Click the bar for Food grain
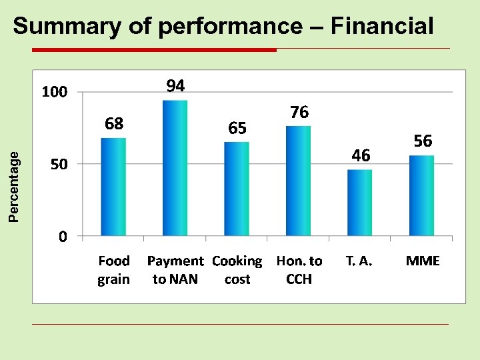point(113,187)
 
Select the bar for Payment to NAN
point(175,168)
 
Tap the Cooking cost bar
point(237,189)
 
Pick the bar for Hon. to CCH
point(298,181)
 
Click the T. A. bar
point(360,203)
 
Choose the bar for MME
point(421,195)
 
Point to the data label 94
point(175,86)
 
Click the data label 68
point(114,123)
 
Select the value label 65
point(237,128)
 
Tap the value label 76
point(299,113)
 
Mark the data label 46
point(361,156)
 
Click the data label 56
point(423,141)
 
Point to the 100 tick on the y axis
point(55,92)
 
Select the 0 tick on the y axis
point(62,237)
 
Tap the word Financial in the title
point(382,27)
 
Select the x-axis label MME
point(423,261)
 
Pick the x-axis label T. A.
point(359,261)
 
